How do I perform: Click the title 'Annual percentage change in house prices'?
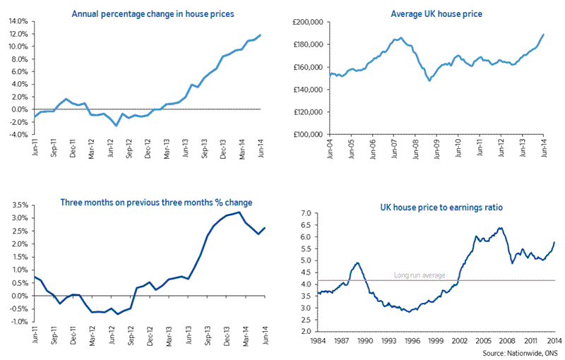click(153, 13)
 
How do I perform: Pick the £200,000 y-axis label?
click(307, 22)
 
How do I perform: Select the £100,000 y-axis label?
click(307, 134)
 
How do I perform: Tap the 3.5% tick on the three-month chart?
click(18, 206)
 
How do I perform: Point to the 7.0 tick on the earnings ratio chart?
click(305, 212)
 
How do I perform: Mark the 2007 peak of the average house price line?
click(400, 37)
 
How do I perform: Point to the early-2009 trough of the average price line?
click(429, 80)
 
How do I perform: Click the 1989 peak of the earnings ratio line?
click(357, 263)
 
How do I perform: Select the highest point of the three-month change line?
click(239, 212)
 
